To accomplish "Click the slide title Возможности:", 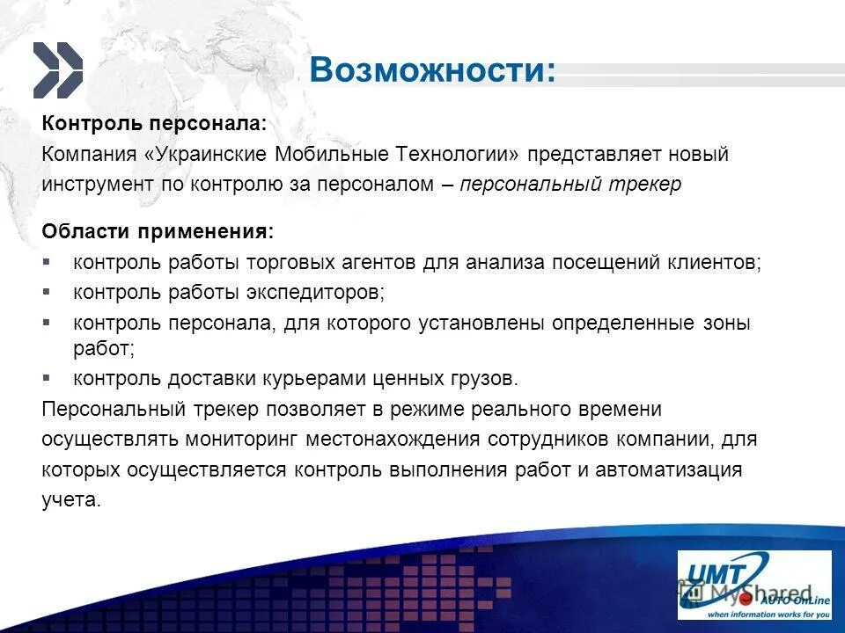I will (x=432, y=70).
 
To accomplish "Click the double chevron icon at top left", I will (x=58, y=70).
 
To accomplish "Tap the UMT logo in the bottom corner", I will (x=754, y=585).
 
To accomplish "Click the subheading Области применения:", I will (x=158, y=231).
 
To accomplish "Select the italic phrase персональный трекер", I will (x=570, y=186).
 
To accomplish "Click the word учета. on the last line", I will (x=72, y=499).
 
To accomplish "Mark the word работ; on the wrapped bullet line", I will (x=104, y=349).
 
